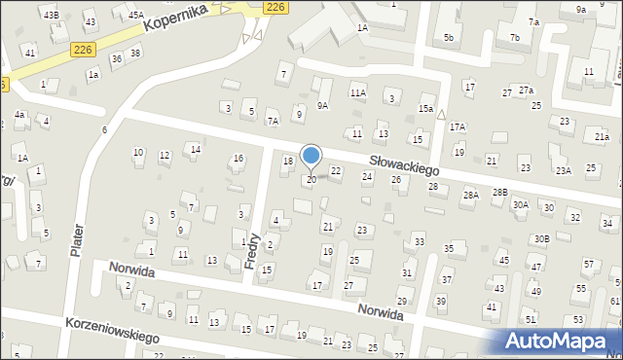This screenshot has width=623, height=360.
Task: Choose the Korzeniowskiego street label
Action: (x=111, y=330)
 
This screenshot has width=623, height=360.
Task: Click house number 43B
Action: (x=51, y=15)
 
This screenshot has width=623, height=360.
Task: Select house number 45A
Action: (x=135, y=15)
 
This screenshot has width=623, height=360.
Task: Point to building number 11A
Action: (x=358, y=92)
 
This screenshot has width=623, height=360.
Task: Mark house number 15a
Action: (x=425, y=108)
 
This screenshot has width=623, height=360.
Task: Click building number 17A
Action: (x=457, y=127)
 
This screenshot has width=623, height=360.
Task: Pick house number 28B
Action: (x=499, y=193)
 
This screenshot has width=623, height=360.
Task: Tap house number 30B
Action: (x=541, y=238)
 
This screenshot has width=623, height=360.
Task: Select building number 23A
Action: (x=563, y=170)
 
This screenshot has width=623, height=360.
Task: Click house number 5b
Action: (x=449, y=38)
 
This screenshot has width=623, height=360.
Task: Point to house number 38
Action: (x=134, y=53)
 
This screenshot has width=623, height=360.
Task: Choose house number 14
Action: (x=196, y=149)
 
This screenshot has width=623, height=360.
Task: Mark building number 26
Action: (x=396, y=179)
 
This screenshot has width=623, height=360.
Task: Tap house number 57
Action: (x=588, y=265)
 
